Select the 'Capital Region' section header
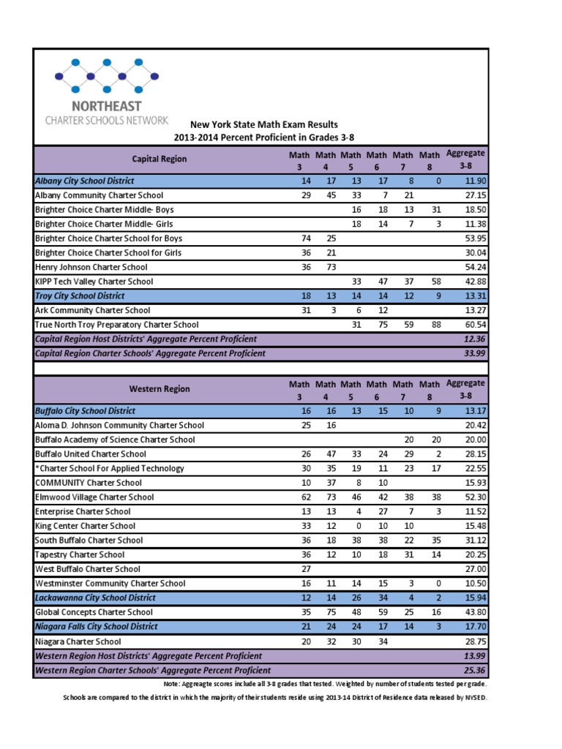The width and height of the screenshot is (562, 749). (159, 159)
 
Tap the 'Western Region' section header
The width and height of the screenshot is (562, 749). (159, 389)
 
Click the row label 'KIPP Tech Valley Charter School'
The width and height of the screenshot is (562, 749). (94, 282)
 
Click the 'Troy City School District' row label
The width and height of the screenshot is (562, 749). (80, 296)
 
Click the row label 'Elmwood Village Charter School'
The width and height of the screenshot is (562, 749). (94, 497)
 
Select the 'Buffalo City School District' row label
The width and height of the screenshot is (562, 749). (85, 411)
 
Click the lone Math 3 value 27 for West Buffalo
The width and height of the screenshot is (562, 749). (306, 569)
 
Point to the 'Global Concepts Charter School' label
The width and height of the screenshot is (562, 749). (94, 612)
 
